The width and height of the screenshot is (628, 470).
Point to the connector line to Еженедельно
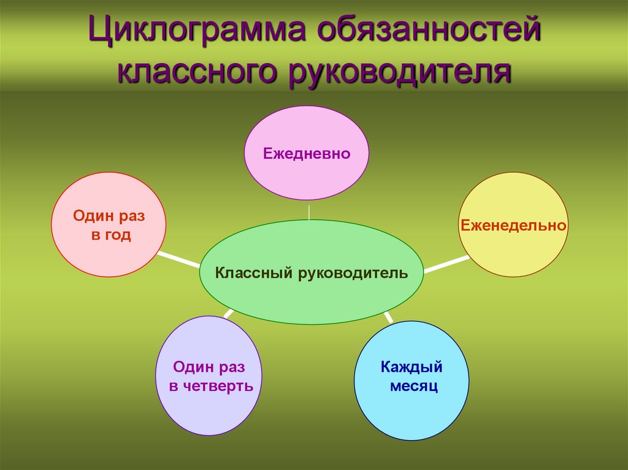446,264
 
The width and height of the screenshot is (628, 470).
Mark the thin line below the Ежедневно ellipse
309,210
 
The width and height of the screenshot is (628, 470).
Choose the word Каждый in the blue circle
412,368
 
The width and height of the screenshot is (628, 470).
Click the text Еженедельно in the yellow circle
513,226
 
